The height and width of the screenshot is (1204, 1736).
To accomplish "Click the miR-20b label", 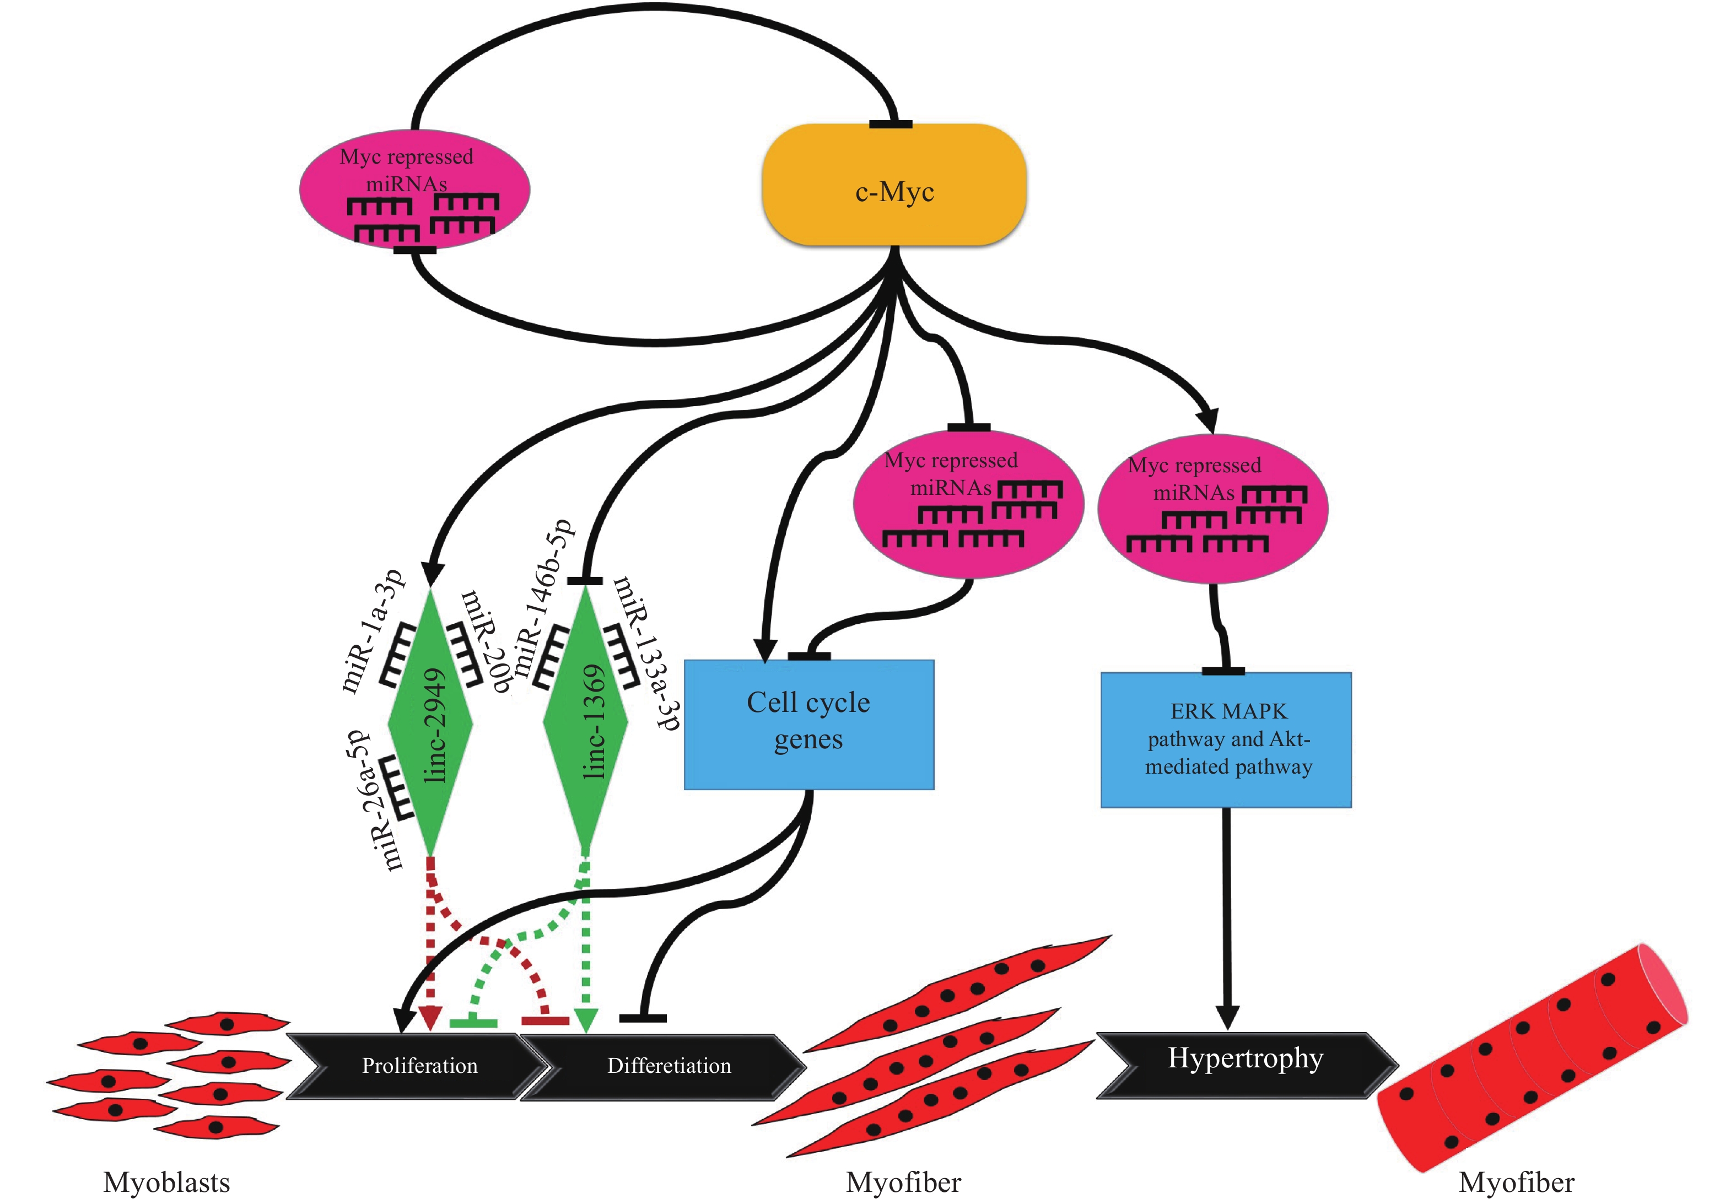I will tap(487, 641).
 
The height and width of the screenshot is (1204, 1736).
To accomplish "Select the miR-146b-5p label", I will tap(543, 596).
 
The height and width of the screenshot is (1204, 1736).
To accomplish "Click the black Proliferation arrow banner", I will tap(419, 1065).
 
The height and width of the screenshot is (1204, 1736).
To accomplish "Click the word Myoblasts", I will tap(166, 1181).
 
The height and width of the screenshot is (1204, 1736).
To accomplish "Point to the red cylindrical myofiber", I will tap(1532, 1056).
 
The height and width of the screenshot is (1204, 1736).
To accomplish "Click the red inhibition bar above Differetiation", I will tap(544, 1021).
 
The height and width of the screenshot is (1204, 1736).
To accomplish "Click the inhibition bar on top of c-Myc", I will tap(890, 125).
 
